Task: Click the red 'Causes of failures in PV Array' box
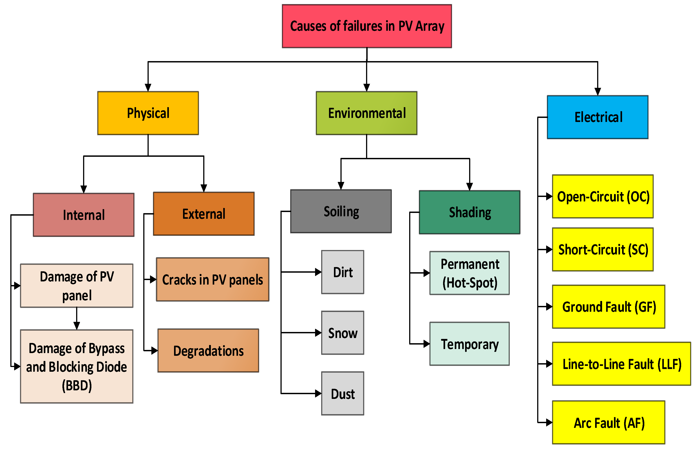[x=367, y=26]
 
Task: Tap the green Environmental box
[x=366, y=113]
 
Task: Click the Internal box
[x=84, y=215]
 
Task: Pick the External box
[x=203, y=214]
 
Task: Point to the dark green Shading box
[x=469, y=212]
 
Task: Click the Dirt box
[x=342, y=272]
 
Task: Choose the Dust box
[x=342, y=393]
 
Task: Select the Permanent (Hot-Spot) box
[x=469, y=273]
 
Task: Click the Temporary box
[x=469, y=344]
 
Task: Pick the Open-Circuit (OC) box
[x=603, y=197]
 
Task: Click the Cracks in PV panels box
[x=212, y=279]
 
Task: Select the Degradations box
[x=208, y=351]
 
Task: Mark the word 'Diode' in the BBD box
[x=112, y=367]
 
